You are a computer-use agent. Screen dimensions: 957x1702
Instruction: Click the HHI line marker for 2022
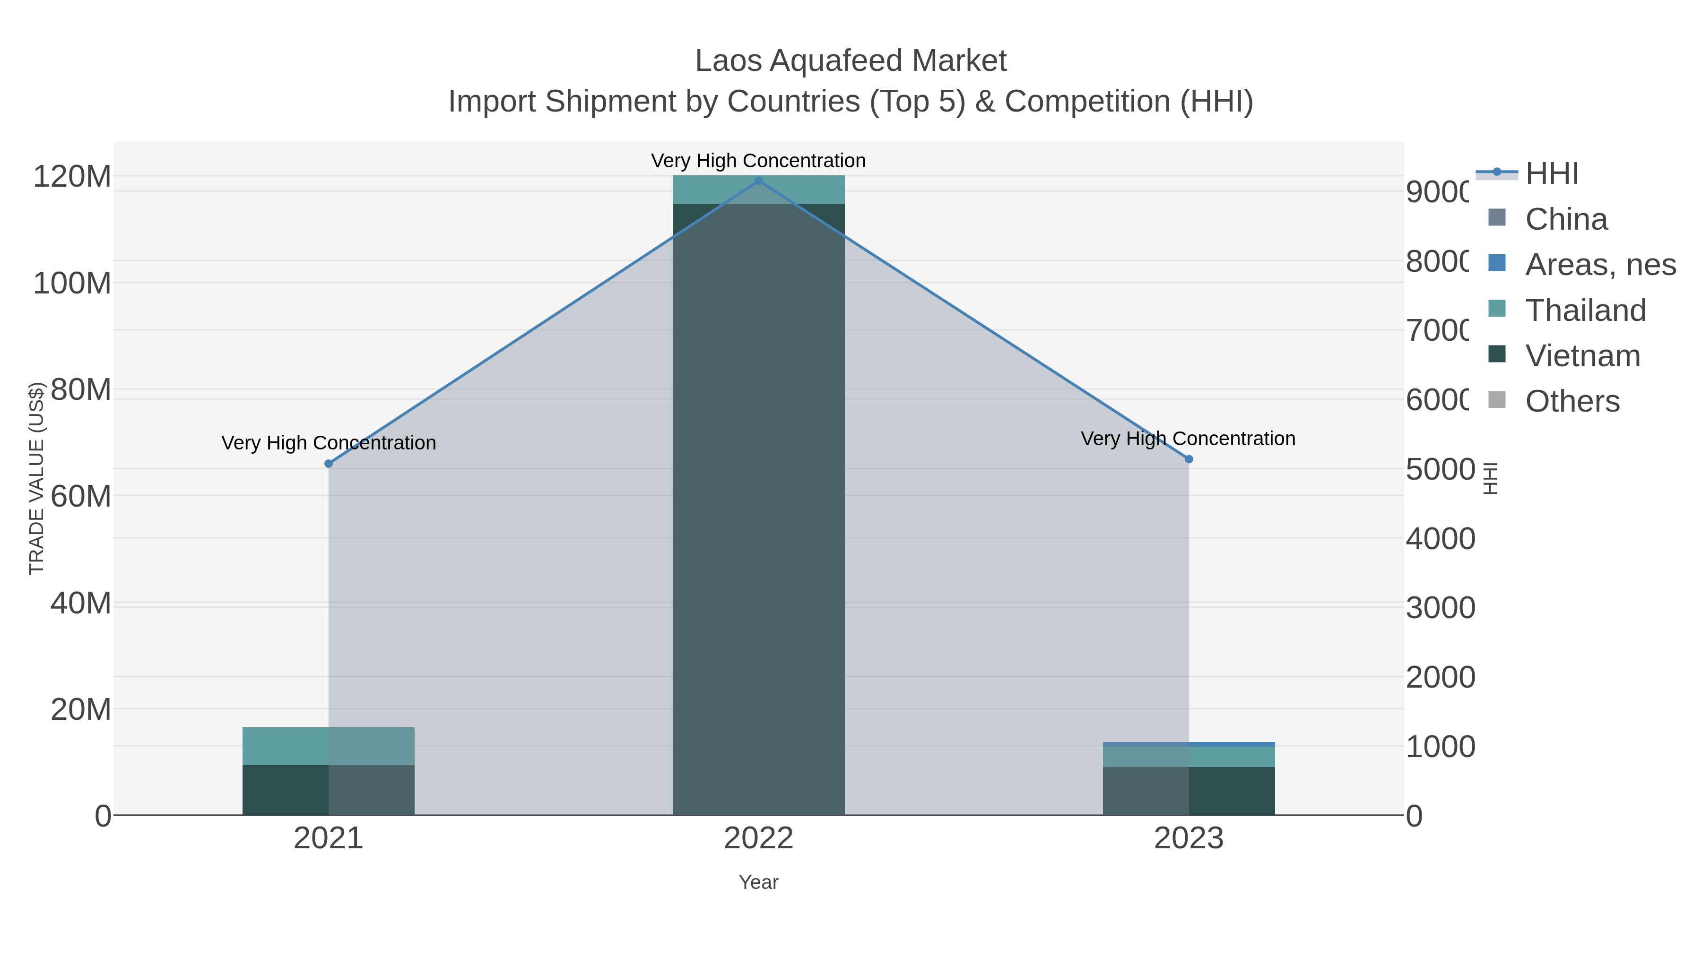coord(758,181)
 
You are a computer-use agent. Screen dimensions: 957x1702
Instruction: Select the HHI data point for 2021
coord(329,464)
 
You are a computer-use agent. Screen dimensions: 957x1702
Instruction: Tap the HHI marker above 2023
coord(1189,459)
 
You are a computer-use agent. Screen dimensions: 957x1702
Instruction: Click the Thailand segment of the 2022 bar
coord(758,190)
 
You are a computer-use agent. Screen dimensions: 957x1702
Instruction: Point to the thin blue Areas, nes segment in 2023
coord(1189,744)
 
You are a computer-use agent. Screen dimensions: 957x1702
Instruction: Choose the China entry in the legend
coord(1566,219)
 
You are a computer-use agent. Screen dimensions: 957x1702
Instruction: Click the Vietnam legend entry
coord(1582,356)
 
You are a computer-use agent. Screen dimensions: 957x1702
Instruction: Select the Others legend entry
coord(1572,402)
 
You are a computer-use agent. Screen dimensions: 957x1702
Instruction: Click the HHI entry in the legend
coord(1551,174)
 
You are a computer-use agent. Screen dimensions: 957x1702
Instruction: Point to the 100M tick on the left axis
coord(72,284)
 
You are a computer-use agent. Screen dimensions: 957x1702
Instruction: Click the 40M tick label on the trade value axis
coord(80,603)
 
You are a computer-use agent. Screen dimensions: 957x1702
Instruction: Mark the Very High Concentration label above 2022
coord(758,161)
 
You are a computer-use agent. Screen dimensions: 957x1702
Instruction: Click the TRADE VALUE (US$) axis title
coord(36,478)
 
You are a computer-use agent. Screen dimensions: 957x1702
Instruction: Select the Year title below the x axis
coord(758,882)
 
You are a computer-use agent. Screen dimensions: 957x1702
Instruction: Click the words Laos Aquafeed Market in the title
coord(851,61)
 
